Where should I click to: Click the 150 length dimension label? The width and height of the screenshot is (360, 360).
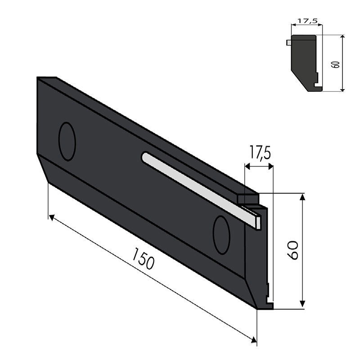tap(143, 262)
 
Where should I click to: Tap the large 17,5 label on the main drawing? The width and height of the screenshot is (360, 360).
tap(258, 153)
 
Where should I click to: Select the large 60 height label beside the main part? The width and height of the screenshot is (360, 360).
tap(292, 250)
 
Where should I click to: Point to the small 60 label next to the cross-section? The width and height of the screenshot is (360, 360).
tap(333, 63)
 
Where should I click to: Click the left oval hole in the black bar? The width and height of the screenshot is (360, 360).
tap(67, 141)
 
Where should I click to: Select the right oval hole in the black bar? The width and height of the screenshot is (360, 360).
tap(221, 234)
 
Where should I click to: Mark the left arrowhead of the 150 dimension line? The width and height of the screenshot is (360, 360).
tap(52, 218)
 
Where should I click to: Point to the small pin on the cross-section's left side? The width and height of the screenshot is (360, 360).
tap(288, 43)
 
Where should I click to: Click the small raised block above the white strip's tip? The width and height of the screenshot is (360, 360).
tap(247, 198)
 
